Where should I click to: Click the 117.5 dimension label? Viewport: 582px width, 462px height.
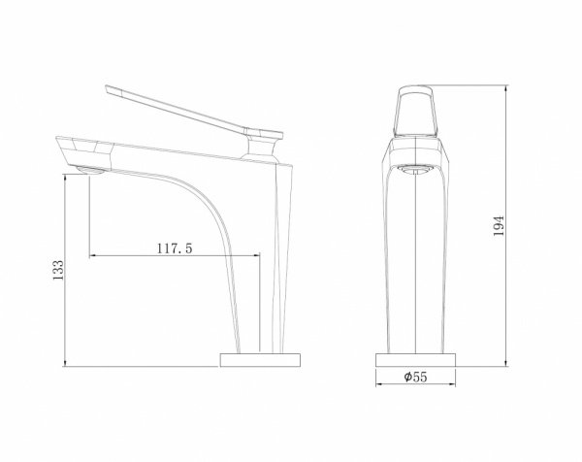pos(175,248)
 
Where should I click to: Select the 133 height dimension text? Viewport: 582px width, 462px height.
pos(58,270)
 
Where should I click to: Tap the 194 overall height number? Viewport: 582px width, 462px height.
pos(499,225)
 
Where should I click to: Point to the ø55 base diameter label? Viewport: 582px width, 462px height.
pos(416,377)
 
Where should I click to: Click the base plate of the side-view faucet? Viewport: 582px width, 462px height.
pos(260,360)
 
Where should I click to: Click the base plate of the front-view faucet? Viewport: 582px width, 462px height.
pos(416,360)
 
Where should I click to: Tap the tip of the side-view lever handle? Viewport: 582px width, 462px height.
pos(107,88)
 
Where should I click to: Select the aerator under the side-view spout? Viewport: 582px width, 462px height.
pos(90,171)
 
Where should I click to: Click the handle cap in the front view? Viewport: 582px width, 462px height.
pos(415,111)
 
